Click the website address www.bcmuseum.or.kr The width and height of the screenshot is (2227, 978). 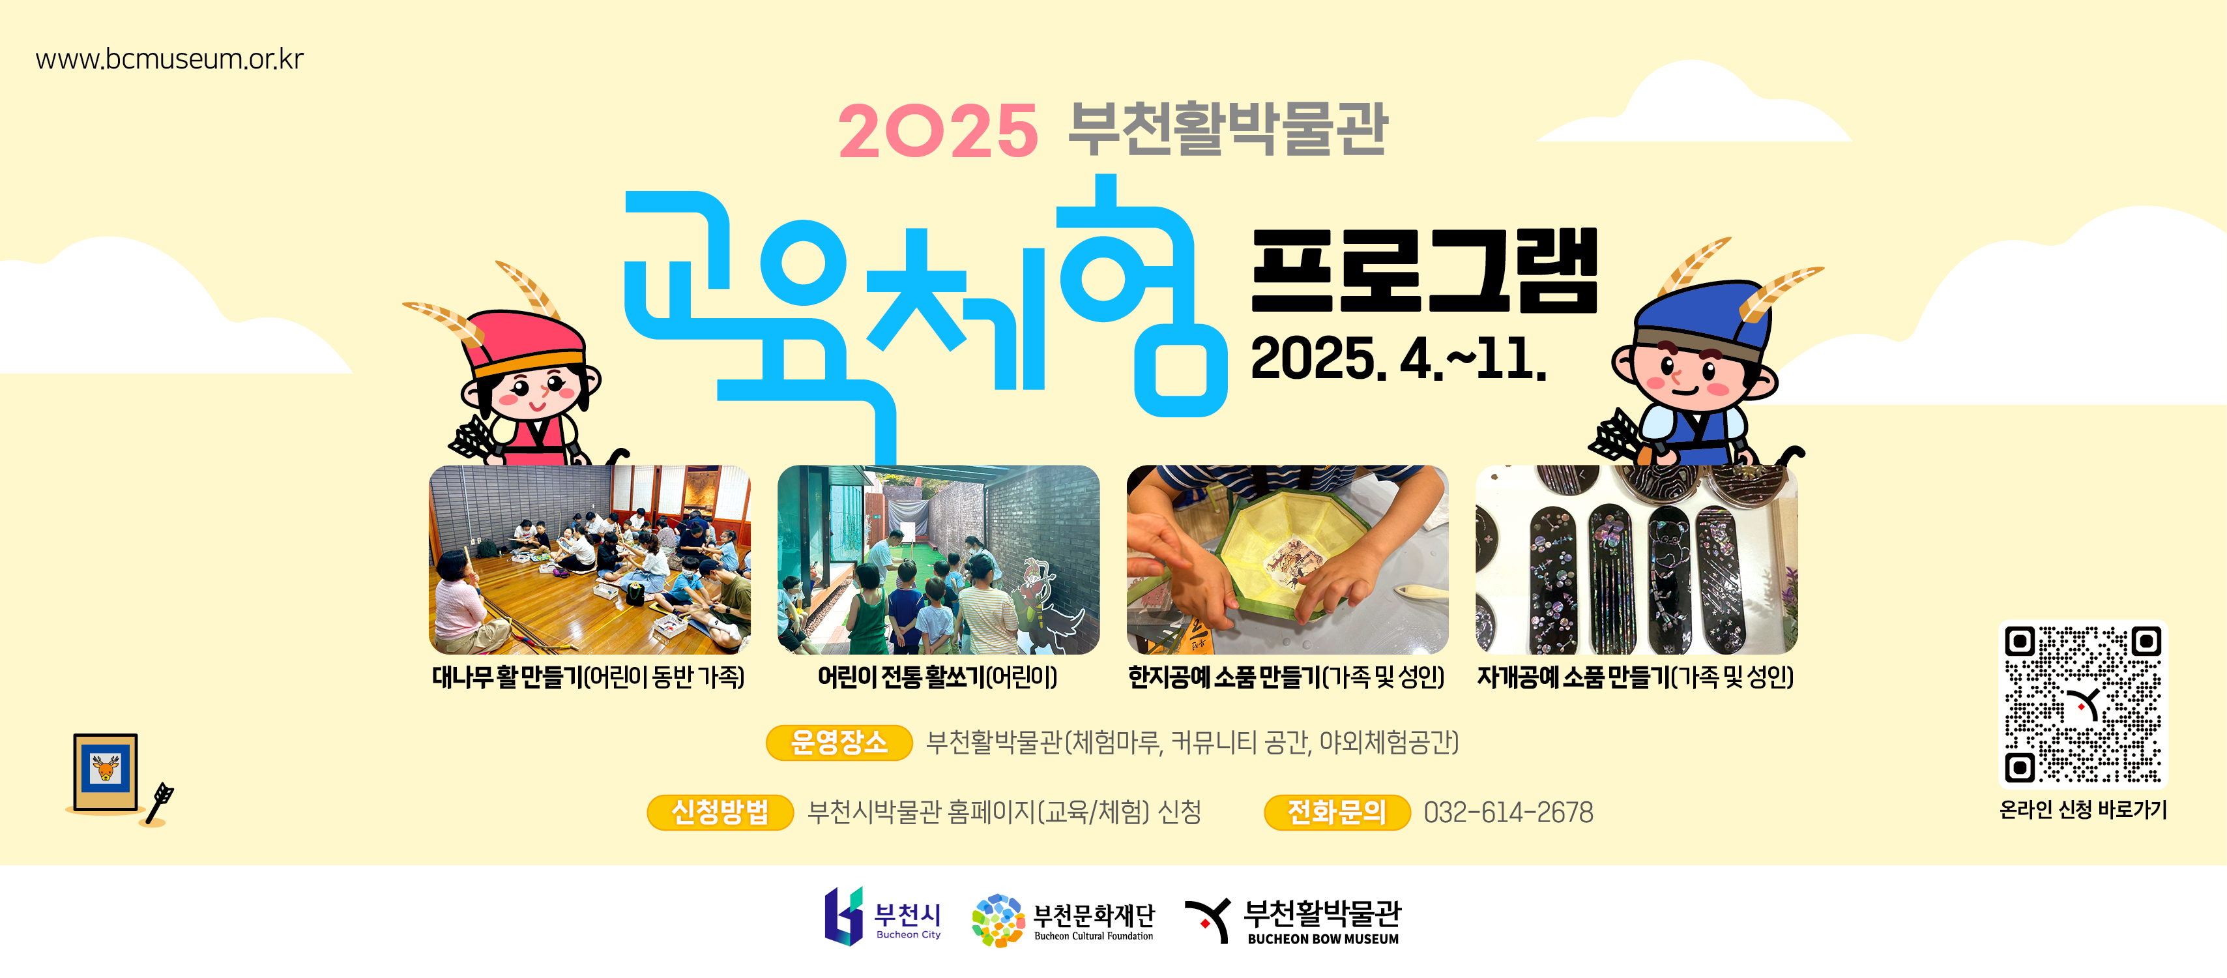169,59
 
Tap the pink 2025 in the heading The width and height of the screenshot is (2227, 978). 938,132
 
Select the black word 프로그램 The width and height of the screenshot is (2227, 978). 1424,271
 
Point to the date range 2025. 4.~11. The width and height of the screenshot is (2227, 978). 1398,358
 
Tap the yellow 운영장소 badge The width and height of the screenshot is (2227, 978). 839,742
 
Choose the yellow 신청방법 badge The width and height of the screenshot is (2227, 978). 720,812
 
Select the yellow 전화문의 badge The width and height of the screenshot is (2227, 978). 1337,812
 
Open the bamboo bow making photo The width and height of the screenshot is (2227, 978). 590,559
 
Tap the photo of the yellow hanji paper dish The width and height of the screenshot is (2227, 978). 1287,559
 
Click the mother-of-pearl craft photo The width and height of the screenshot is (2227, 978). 1637,559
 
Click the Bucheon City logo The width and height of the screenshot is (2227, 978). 882,916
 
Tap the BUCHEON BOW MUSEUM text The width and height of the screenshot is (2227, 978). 1323,939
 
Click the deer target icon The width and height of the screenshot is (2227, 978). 106,772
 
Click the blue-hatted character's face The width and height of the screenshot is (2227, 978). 1686,377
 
